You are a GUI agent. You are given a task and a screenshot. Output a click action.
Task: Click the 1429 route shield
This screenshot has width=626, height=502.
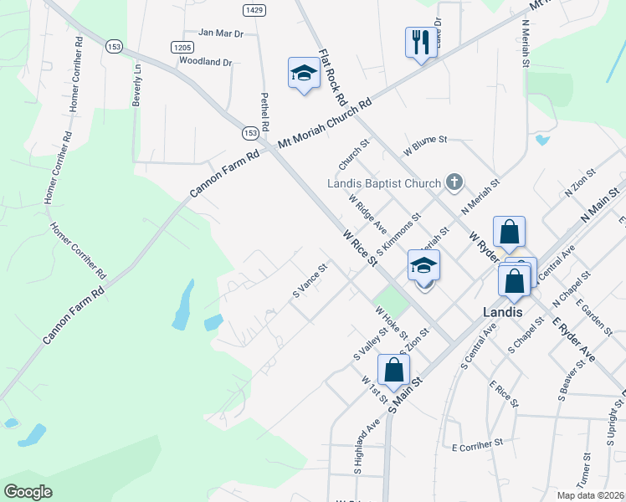tap(254, 9)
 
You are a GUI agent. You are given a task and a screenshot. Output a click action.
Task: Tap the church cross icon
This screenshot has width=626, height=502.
tap(454, 182)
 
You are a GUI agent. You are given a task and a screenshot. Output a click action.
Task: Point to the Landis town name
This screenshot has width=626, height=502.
tap(503, 311)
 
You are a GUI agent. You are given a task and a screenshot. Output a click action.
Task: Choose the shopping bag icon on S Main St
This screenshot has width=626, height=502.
tap(393, 369)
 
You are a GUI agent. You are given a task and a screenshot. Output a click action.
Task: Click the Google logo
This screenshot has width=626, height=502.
tap(28, 492)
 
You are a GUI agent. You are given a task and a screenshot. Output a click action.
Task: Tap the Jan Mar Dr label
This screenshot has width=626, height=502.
tap(220, 33)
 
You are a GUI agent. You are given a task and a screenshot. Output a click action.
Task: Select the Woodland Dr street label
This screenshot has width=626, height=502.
tap(205, 62)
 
